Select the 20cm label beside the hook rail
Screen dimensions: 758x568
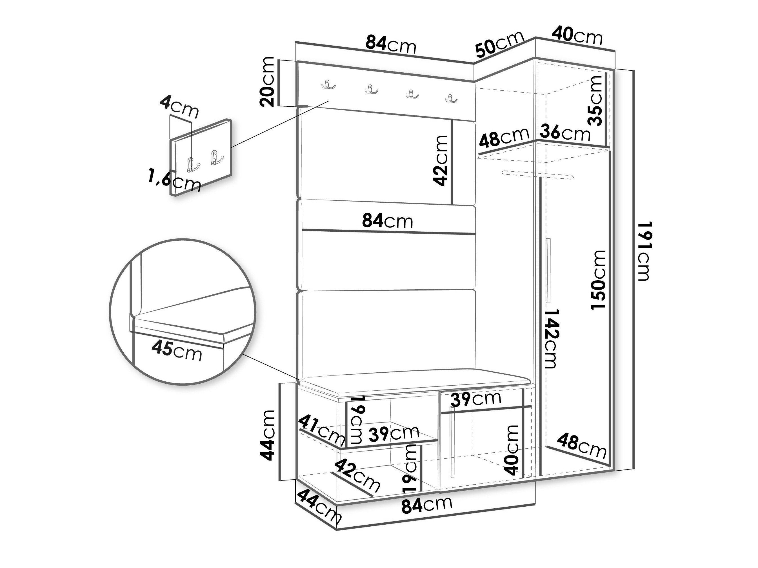coord(267,82)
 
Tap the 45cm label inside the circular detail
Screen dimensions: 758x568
coord(177,350)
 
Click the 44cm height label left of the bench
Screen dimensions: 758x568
coord(267,435)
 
